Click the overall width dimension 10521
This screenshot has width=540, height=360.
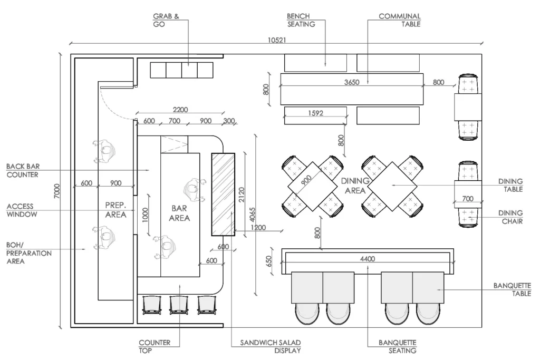click(x=277, y=40)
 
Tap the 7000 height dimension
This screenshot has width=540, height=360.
click(x=57, y=191)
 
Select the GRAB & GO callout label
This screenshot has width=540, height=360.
click(x=166, y=21)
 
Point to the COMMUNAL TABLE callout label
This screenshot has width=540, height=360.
click(x=400, y=21)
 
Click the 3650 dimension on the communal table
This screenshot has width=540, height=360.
click(x=352, y=82)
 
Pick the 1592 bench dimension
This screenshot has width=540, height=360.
click(x=315, y=113)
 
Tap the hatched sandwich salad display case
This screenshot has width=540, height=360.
click(x=223, y=194)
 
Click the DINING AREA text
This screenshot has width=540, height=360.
click(x=355, y=186)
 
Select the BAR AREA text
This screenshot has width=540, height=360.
click(x=179, y=213)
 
